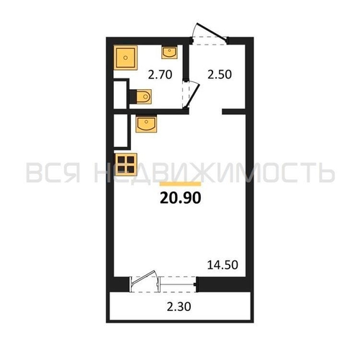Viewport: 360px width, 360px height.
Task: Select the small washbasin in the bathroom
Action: click(x=170, y=52)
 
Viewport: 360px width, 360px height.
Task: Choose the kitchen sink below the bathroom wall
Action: click(x=148, y=125)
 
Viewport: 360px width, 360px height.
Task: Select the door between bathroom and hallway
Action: click(x=190, y=91)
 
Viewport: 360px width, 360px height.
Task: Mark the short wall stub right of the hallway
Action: click(x=234, y=112)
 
